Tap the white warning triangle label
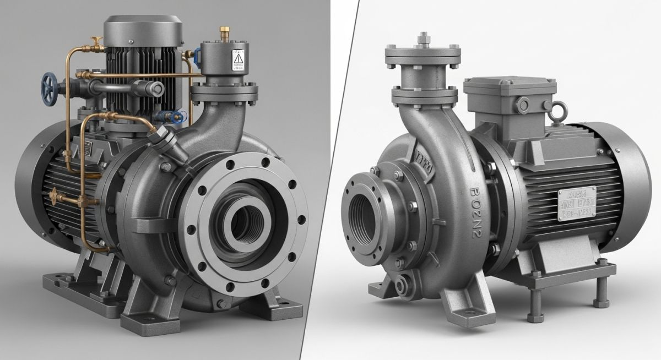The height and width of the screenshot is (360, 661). click(x=239, y=58)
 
